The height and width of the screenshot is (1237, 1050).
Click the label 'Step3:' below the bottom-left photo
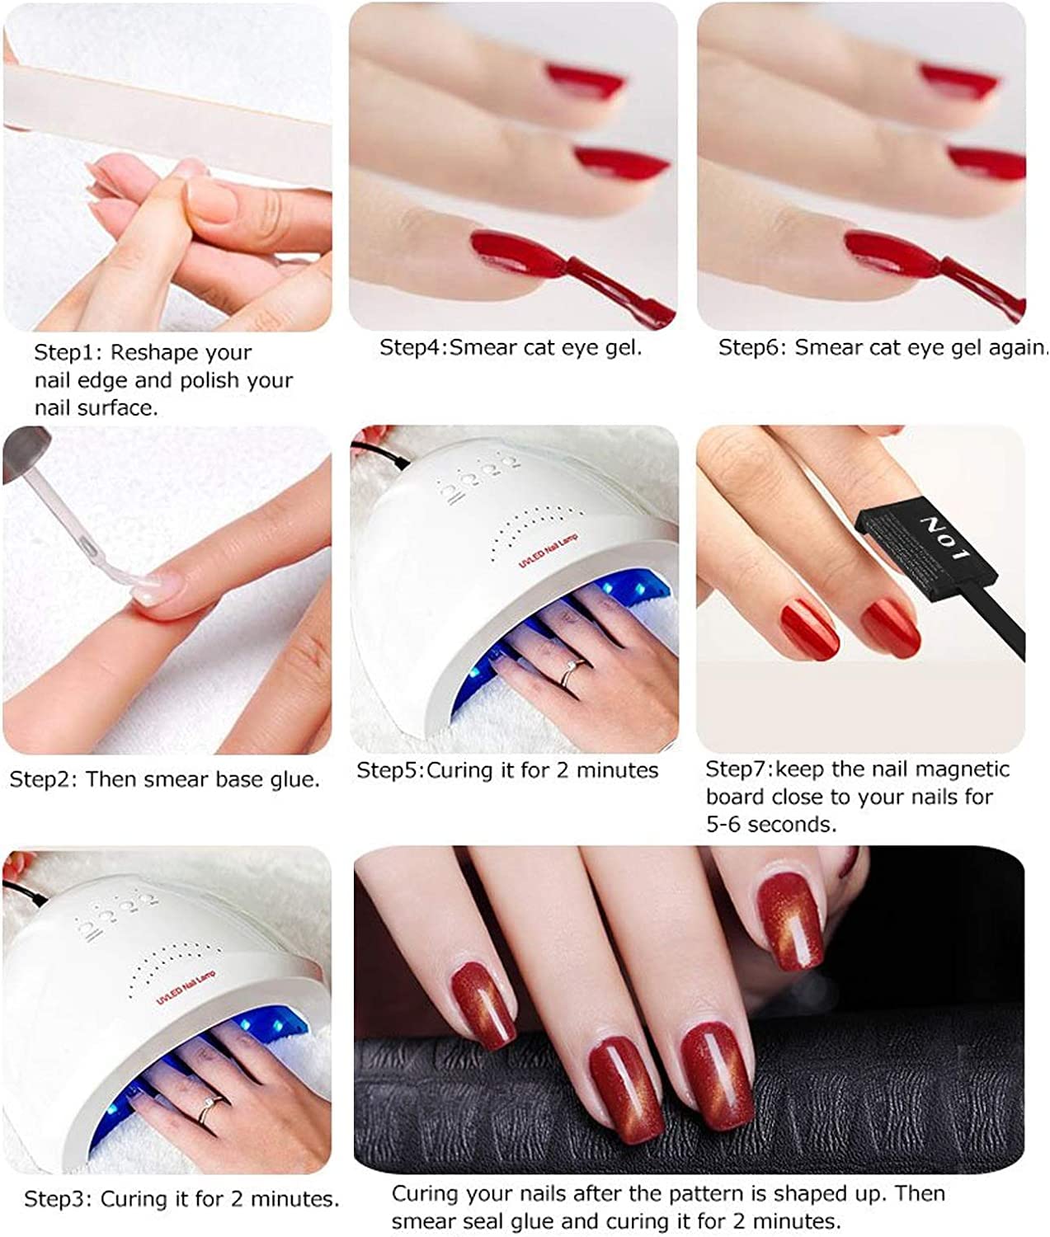59,1199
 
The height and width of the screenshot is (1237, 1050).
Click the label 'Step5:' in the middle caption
390,770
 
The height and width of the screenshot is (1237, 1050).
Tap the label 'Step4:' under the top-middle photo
412,347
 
